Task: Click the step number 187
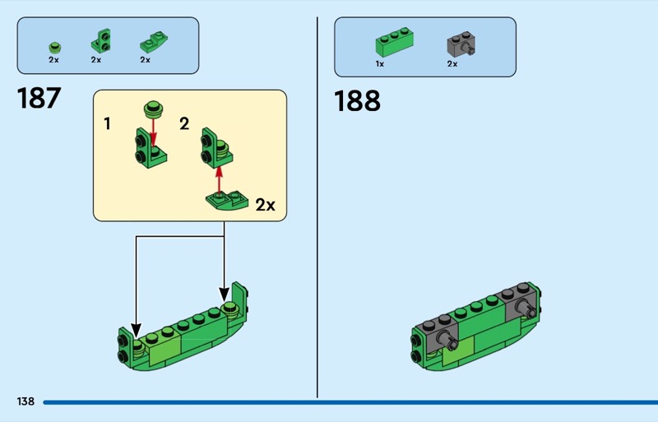point(39,99)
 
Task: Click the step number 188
point(357,101)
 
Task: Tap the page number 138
point(25,401)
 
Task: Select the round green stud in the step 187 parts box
point(54,45)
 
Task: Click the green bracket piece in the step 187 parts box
point(101,39)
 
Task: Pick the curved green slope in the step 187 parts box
point(149,42)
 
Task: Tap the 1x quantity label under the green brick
point(380,63)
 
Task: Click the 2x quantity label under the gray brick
point(452,63)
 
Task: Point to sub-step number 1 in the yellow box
point(108,124)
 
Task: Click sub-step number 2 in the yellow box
point(184,124)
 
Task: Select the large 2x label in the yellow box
point(265,205)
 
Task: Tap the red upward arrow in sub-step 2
point(219,174)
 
